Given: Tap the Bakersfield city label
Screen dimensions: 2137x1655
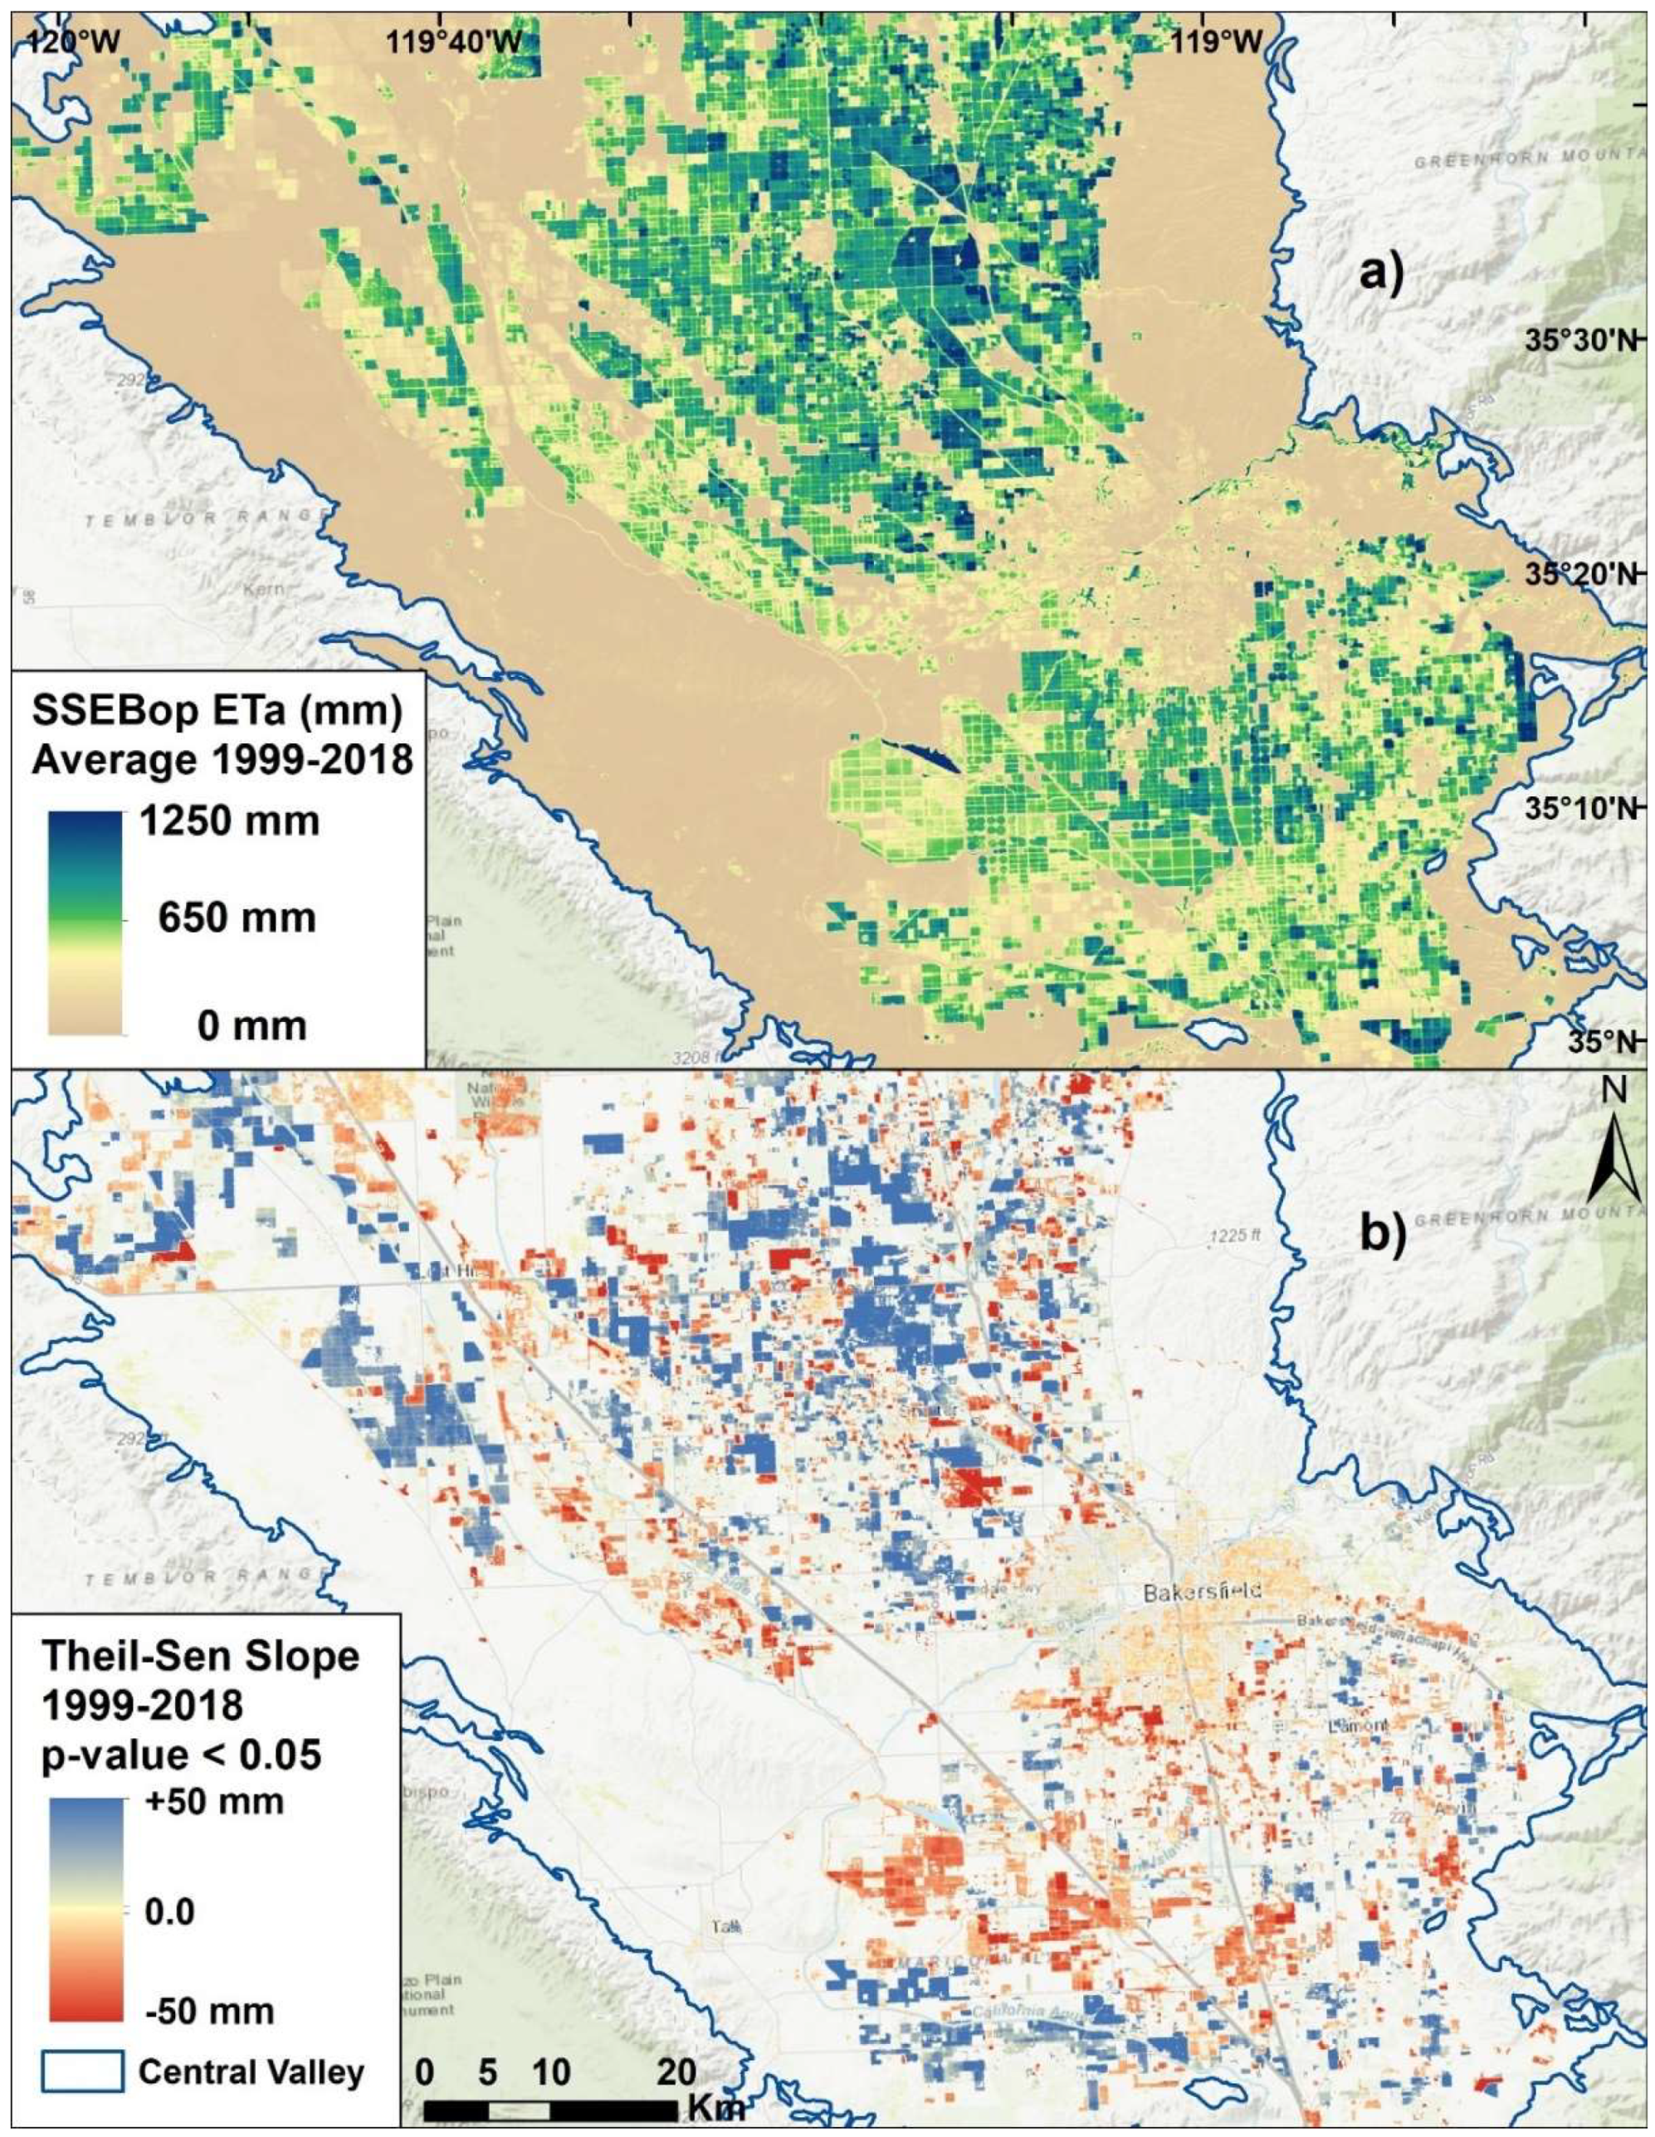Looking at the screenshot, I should [1201, 1593].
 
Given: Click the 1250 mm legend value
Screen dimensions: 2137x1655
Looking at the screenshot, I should [229, 820].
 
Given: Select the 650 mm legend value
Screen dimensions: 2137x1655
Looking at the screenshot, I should [237, 918].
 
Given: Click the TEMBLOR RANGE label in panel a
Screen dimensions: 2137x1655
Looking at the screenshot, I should [204, 518].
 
